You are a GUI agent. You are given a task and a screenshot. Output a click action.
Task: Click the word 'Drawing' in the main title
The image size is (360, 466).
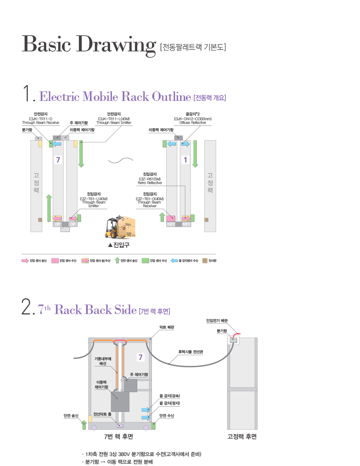click(116, 44)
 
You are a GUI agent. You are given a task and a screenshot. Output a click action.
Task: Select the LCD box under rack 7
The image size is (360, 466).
click(65, 229)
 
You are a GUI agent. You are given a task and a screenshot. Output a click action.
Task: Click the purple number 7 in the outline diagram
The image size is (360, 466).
click(58, 160)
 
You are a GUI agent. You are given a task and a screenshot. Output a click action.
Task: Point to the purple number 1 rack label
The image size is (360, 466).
click(185, 160)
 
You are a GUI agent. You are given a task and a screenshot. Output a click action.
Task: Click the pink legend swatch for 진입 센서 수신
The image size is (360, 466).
click(55, 261)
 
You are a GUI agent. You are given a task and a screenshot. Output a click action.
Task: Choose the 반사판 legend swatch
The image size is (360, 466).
click(205, 261)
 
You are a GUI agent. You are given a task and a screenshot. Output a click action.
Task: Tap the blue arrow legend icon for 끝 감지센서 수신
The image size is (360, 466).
click(174, 261)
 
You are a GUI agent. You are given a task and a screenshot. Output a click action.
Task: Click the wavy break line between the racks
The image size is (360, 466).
click(120, 160)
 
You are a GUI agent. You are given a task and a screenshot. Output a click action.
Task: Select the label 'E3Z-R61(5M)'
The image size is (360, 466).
click(150, 179)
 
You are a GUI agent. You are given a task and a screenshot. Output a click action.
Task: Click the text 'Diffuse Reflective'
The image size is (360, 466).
click(193, 123)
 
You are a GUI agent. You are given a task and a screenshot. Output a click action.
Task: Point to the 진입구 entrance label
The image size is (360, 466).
click(119, 245)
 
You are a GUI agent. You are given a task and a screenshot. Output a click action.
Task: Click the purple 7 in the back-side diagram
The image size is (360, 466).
click(140, 357)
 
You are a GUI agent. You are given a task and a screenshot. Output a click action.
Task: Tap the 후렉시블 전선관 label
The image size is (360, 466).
click(190, 352)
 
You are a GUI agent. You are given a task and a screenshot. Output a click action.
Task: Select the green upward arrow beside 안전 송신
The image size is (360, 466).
click(84, 424)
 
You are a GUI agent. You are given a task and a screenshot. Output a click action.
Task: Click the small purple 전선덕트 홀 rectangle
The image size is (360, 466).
click(120, 426)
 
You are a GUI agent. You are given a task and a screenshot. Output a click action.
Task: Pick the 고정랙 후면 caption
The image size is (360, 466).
click(242, 436)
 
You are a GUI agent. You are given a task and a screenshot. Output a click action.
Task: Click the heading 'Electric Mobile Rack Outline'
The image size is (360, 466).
click(115, 97)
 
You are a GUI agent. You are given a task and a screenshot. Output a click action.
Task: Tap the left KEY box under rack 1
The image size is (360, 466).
click(171, 224)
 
